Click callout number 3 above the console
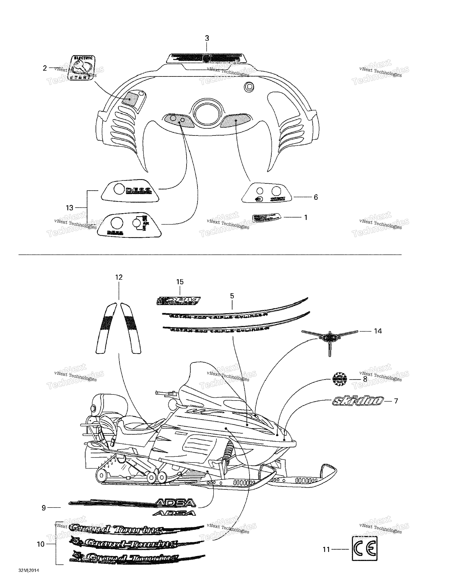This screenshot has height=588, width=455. click(207, 38)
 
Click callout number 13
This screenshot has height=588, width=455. click(70, 208)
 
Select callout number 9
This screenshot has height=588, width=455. click(44, 508)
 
